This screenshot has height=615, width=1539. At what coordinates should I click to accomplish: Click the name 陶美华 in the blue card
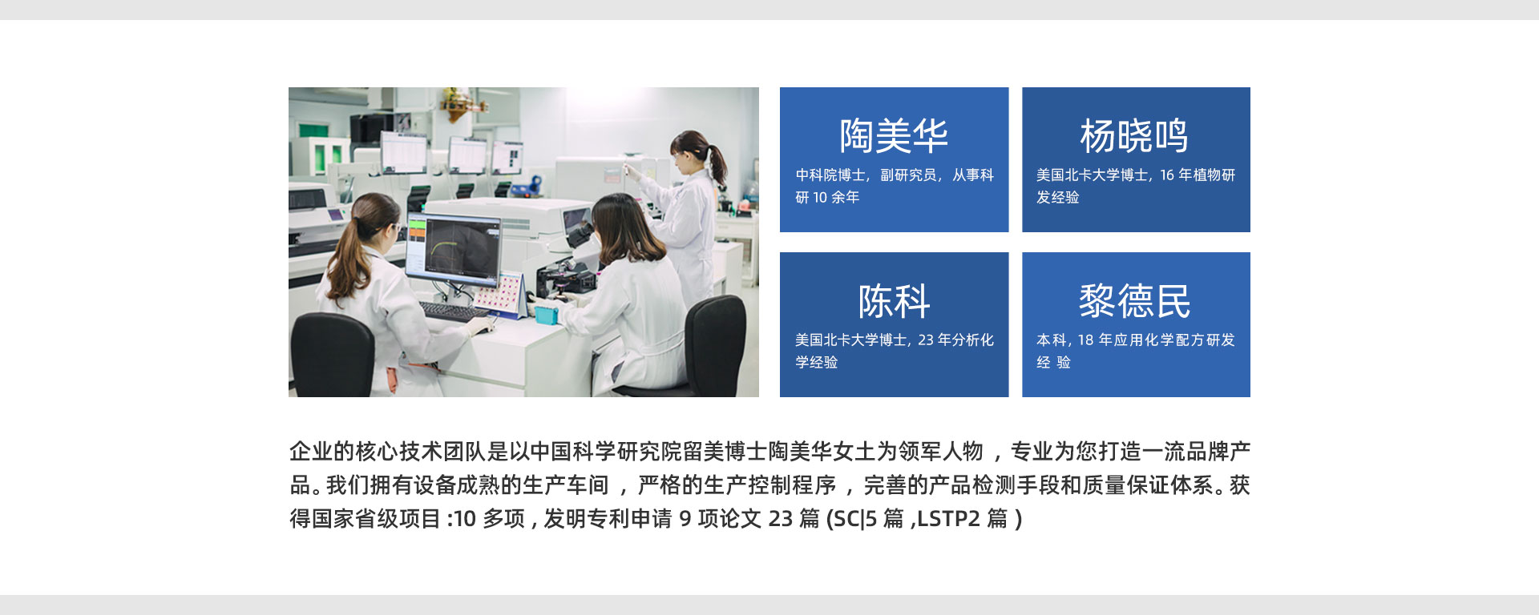[x=894, y=135]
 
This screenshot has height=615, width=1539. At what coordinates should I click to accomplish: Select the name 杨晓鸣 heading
[x=1134, y=135]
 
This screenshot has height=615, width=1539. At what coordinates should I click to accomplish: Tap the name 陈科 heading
[x=894, y=301]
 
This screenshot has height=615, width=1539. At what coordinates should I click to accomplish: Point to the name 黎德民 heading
[x=1134, y=301]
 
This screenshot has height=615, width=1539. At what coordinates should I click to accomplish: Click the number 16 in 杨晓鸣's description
[x=1166, y=175]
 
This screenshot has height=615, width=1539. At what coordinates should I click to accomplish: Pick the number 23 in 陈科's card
[x=926, y=340]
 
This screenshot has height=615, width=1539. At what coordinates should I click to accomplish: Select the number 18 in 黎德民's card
[x=1085, y=340]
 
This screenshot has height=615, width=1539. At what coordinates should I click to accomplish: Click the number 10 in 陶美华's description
[x=820, y=197]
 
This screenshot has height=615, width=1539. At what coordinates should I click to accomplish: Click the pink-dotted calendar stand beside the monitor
[x=503, y=293]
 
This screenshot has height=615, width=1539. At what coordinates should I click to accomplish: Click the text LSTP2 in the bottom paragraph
[x=947, y=519]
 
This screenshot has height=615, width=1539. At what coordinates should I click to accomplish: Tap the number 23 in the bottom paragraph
[x=780, y=519]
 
